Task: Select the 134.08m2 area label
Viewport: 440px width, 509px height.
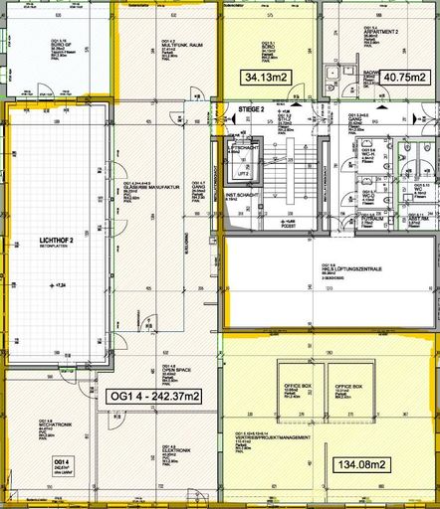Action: tap(360, 464)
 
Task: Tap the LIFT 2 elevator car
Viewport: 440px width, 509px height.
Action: tap(242, 171)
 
